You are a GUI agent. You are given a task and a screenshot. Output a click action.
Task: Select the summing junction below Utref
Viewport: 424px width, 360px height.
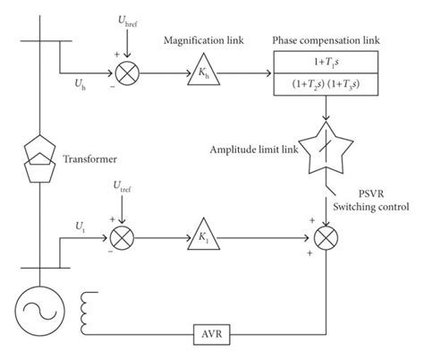point(122,241)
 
